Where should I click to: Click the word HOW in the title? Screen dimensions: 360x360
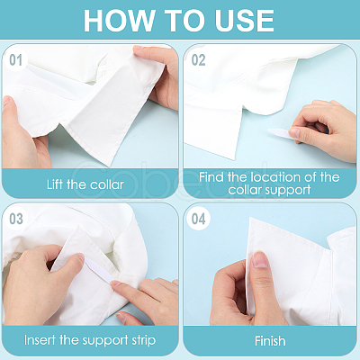(x=119, y=21)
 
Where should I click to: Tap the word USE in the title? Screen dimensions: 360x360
(x=244, y=21)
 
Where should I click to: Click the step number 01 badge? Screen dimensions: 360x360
(x=15, y=60)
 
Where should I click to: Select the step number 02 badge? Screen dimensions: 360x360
(x=198, y=60)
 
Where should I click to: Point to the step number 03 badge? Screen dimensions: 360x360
(x=16, y=219)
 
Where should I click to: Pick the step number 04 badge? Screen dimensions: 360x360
(x=198, y=219)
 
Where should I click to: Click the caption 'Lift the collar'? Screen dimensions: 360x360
(x=85, y=184)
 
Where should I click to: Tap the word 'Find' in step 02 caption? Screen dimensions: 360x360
(x=211, y=177)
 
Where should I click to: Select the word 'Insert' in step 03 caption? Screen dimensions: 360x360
(x=40, y=340)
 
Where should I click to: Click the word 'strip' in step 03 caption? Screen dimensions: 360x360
(x=144, y=341)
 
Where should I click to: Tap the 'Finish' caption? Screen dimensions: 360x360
(x=270, y=341)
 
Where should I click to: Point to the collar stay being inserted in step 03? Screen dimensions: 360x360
(x=100, y=271)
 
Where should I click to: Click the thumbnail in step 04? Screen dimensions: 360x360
(x=260, y=259)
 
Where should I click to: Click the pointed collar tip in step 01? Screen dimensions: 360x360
(x=109, y=166)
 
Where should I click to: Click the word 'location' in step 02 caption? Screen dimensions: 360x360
(x=275, y=177)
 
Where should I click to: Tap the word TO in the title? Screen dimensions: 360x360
(x=184, y=21)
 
